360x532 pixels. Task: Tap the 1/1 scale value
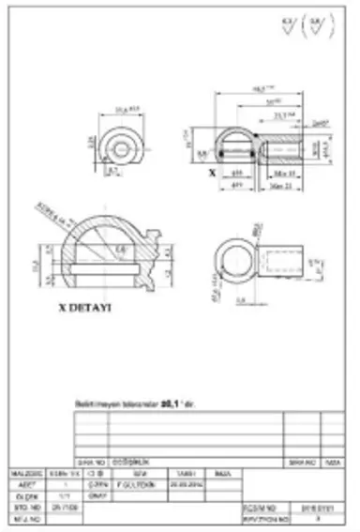pos(63,494)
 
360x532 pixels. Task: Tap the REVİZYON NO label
pos(262,514)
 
